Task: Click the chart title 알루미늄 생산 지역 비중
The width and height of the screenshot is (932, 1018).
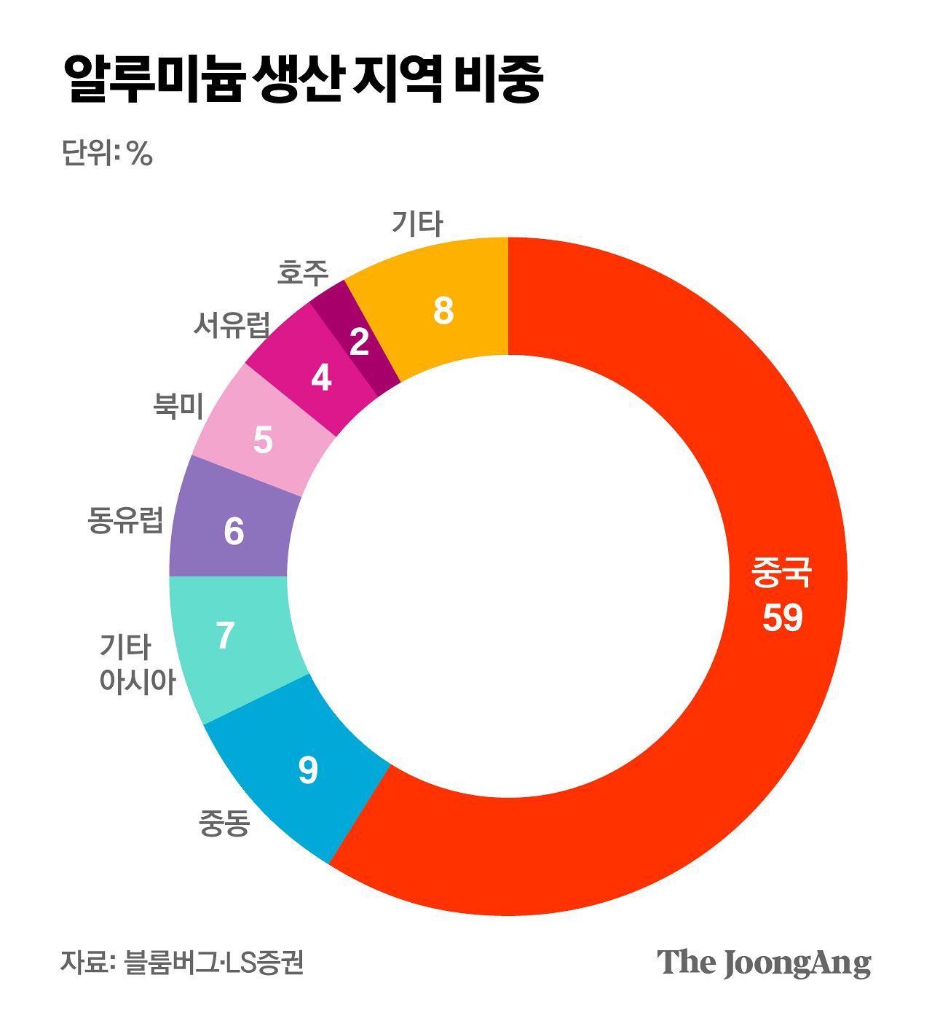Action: [303, 79]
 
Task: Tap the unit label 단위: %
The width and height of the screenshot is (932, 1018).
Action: [107, 153]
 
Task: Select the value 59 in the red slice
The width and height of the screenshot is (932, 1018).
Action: [782, 617]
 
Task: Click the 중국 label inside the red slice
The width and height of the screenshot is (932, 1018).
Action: [781, 573]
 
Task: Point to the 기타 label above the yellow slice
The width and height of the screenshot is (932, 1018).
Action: [416, 223]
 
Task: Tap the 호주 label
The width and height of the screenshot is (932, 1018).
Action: [303, 273]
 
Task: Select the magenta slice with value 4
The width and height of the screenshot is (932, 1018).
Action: [320, 377]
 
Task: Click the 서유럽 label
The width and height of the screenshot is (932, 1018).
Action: [232, 324]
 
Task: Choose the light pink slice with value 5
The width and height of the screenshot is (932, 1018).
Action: [262, 440]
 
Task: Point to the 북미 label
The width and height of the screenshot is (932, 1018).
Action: [178, 405]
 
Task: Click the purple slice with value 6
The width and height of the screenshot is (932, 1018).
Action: [233, 531]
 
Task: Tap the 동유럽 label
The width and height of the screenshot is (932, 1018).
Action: [125, 520]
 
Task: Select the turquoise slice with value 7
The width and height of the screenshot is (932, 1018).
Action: [226, 635]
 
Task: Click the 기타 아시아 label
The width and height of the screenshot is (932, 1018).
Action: [137, 664]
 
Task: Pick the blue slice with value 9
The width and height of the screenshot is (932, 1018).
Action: [307, 769]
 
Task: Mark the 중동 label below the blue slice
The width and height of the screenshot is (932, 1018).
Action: [224, 823]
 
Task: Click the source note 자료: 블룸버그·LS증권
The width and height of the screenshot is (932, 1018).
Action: [181, 963]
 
